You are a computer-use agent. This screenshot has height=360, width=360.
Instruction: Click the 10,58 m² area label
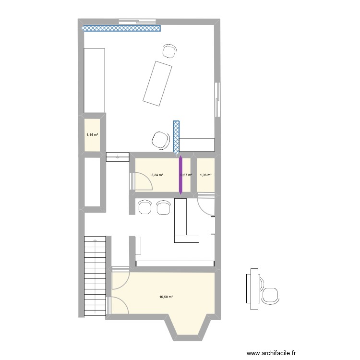(166, 297)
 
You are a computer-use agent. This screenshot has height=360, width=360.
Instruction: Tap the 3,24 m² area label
(157, 175)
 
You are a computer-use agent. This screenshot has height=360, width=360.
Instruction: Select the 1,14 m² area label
(92, 135)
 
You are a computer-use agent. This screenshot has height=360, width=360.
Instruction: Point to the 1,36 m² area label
(205, 175)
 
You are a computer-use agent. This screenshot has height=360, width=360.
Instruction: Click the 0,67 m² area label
(186, 175)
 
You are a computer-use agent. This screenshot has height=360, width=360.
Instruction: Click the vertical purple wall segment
(180, 175)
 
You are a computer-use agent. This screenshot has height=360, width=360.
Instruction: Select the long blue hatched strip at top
(121, 28)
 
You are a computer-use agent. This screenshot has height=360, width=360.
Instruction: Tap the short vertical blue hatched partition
(177, 137)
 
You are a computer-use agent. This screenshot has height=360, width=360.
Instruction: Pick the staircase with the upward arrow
(95, 276)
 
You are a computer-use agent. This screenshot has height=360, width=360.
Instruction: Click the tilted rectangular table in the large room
(157, 82)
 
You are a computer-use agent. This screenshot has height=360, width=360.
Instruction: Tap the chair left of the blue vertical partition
(160, 139)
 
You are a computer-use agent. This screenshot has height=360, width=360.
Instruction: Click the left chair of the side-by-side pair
(144, 207)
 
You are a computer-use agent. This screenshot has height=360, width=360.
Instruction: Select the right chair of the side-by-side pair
(163, 207)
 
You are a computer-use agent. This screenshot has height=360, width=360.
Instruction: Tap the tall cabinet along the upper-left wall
(94, 80)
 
